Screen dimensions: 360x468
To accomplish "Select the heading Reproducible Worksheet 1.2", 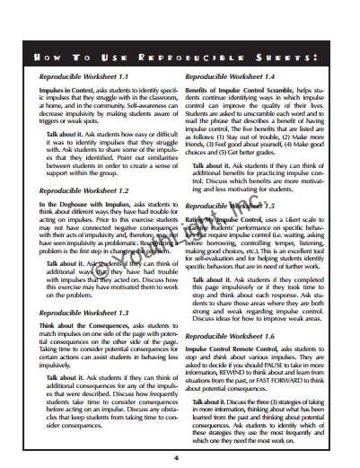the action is (x=85, y=191).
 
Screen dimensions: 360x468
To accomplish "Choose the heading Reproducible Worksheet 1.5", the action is (x=229, y=205).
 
